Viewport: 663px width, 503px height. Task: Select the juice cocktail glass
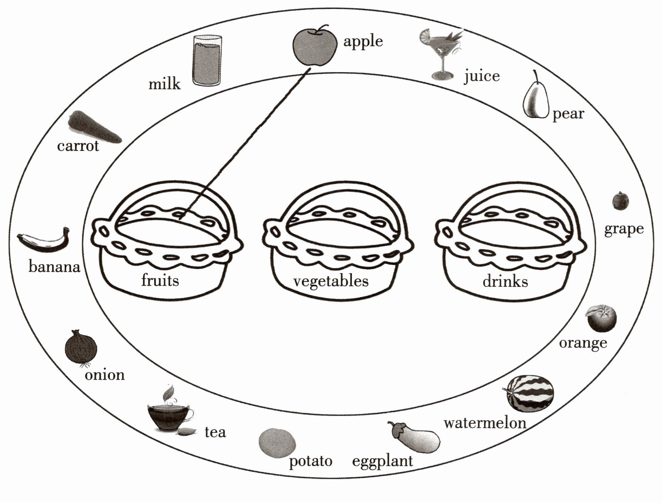click(441, 54)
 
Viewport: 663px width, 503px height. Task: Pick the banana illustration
click(44, 239)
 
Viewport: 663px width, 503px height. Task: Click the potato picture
click(277, 443)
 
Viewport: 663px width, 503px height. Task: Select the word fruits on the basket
click(160, 280)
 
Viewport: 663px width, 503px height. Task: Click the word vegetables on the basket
click(331, 282)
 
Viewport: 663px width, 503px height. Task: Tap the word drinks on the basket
click(505, 281)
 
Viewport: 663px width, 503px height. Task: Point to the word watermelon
click(485, 423)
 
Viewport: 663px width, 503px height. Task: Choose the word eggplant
click(382, 461)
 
